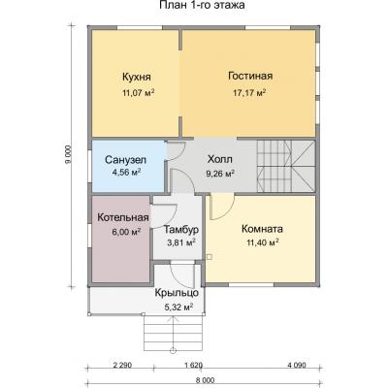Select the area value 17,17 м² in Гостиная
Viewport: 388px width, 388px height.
pos(250,93)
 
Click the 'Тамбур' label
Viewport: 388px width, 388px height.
pos(180,229)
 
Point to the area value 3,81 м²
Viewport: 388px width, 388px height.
pos(180,243)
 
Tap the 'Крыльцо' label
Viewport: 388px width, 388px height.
pos(177,292)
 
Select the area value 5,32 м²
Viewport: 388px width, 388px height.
pos(178,307)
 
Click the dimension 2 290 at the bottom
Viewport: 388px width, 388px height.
pos(122,366)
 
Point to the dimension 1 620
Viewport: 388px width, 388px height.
pos(192,366)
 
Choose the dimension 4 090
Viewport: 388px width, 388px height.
pos(298,366)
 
